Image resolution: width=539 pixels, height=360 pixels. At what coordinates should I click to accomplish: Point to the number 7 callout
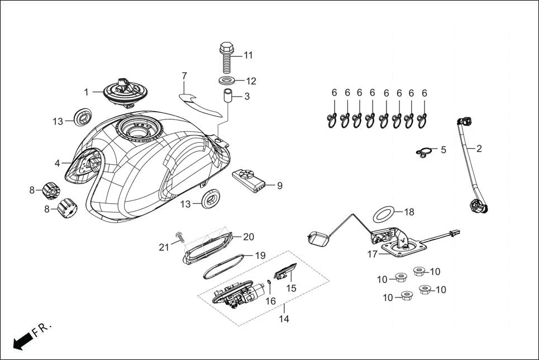(184, 75)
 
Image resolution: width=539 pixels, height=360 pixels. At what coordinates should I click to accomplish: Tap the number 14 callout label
(284, 319)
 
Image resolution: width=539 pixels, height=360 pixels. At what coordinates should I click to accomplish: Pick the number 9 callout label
(279, 185)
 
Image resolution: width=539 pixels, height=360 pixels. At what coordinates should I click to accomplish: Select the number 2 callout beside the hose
(479, 148)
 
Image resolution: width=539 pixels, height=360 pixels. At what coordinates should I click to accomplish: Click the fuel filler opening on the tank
(137, 132)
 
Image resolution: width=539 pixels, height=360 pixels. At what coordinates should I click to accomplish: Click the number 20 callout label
(249, 236)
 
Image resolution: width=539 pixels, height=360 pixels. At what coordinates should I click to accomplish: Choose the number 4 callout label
(58, 164)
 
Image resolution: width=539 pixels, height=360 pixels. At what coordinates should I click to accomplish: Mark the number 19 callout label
(260, 256)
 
